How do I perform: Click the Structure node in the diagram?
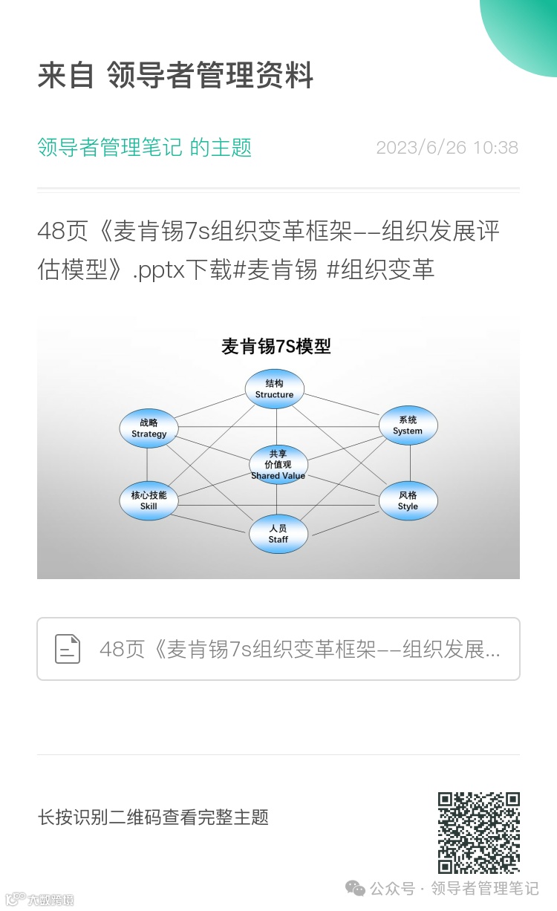275,389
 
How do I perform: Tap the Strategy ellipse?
149,428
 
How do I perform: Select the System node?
408,425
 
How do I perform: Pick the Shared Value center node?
278,465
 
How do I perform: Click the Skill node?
149,500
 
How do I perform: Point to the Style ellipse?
408,500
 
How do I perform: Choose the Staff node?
278,534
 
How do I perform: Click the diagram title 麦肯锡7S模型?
276,346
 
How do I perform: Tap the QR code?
478,832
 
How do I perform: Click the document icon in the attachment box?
68,649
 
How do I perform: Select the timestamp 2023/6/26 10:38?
447,147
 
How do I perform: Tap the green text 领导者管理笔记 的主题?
144,147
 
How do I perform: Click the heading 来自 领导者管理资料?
175,76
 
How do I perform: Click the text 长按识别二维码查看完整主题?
153,817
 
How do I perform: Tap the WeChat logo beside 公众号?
356,888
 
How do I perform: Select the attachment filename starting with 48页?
299,650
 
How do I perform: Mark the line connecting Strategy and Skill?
147,465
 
